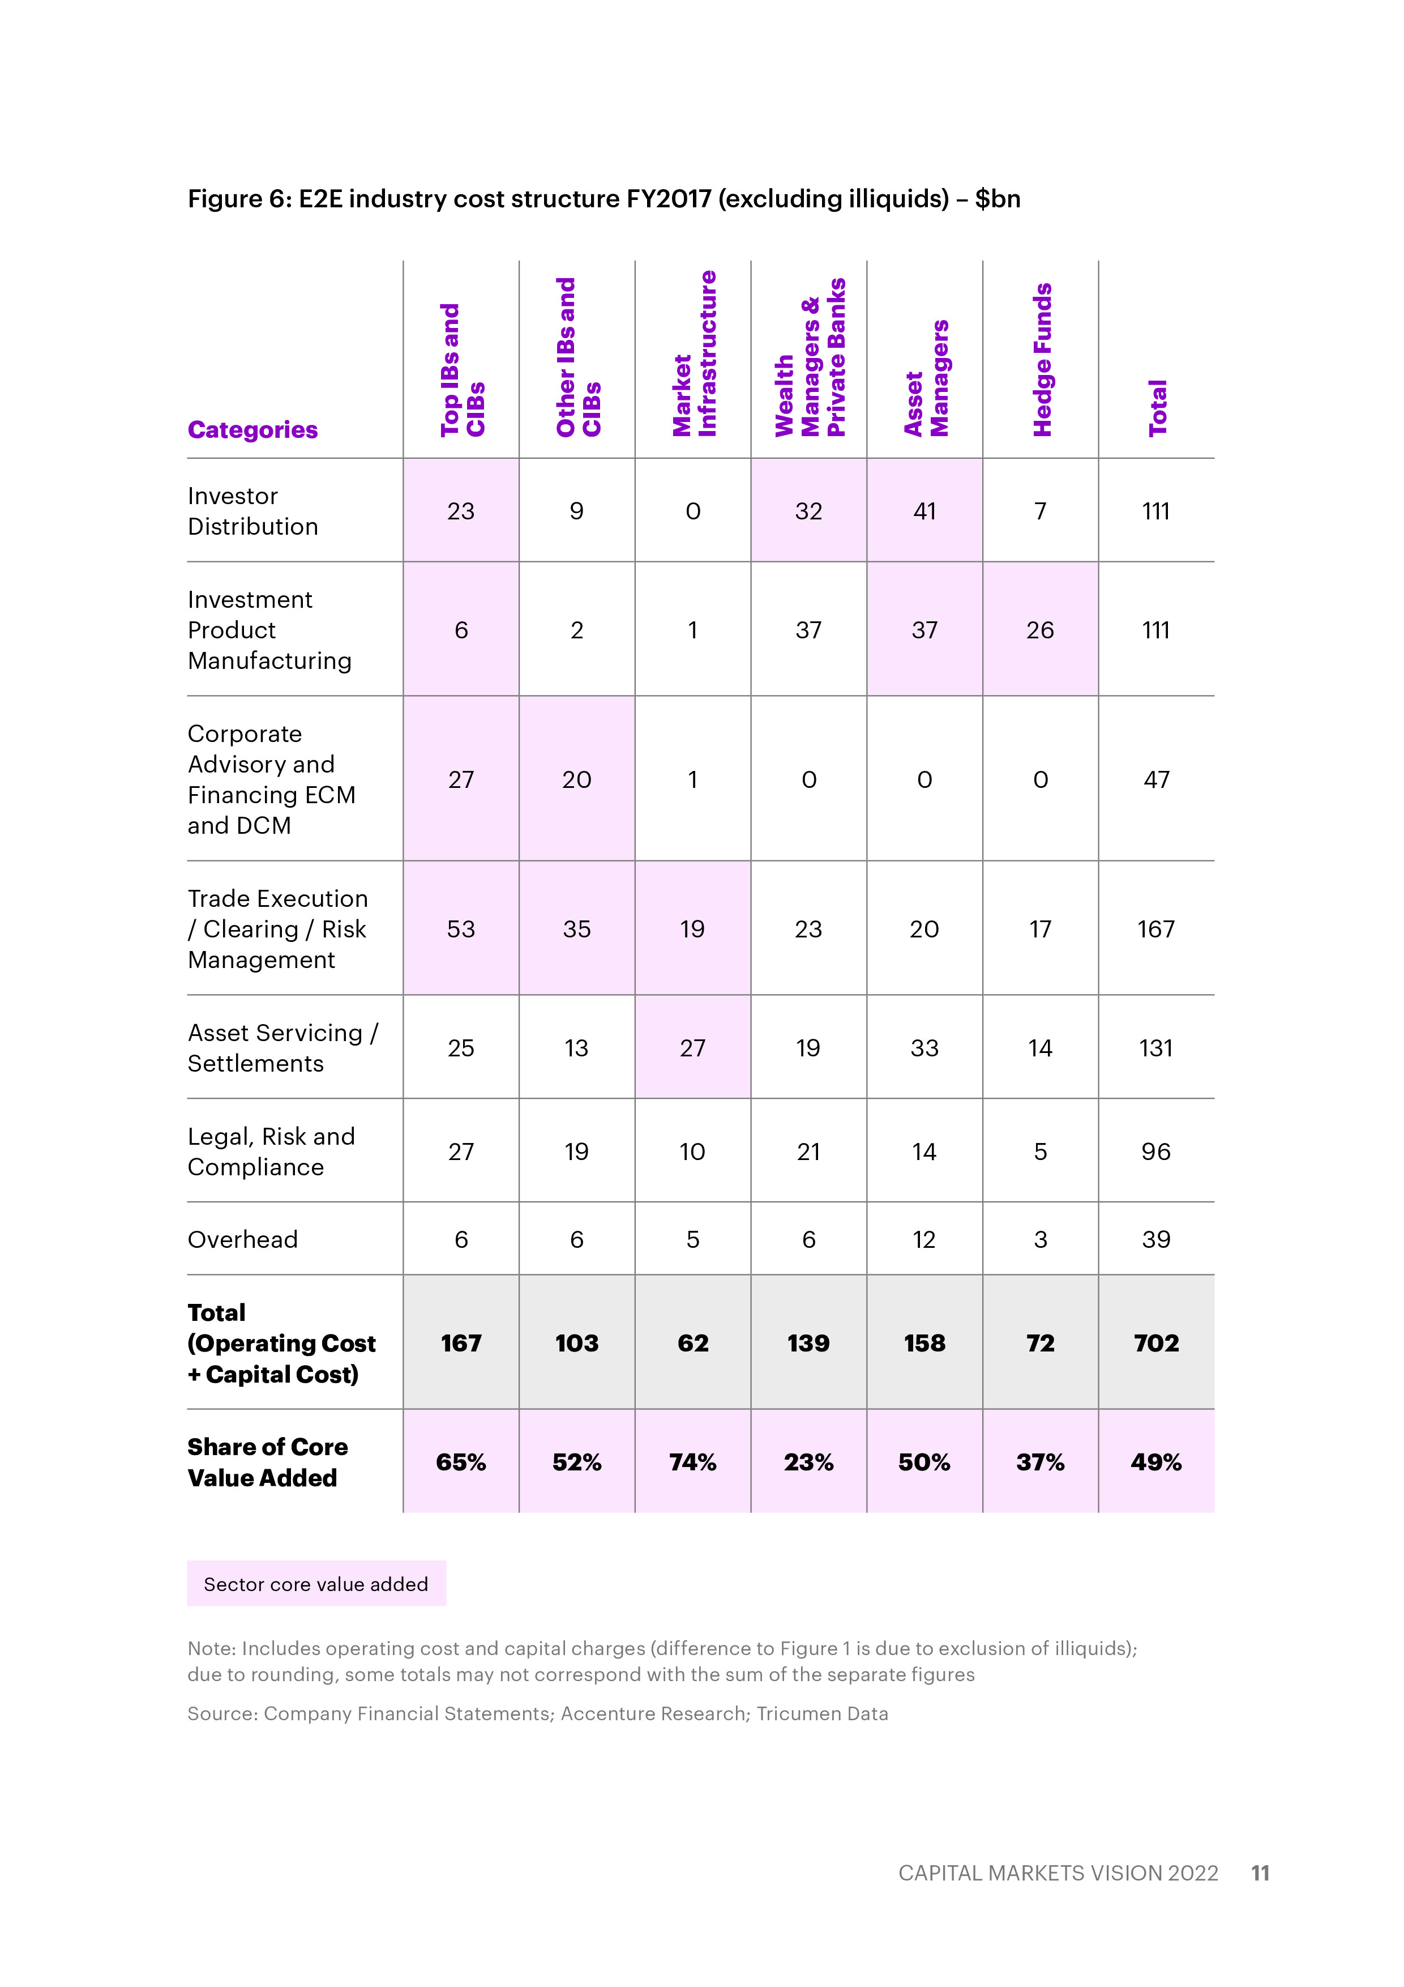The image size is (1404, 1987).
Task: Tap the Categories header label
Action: [x=252, y=430]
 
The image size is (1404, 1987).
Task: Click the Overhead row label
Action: [x=243, y=1239]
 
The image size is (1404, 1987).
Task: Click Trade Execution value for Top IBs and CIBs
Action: [x=461, y=929]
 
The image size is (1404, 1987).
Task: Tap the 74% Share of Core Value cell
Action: [x=693, y=1462]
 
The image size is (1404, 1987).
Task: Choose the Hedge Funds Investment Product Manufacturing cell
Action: [x=1040, y=630]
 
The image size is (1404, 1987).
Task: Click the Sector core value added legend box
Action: [x=316, y=1584]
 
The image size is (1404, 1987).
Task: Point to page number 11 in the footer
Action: [x=1260, y=1873]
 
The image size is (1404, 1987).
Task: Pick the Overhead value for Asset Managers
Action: [x=924, y=1239]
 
